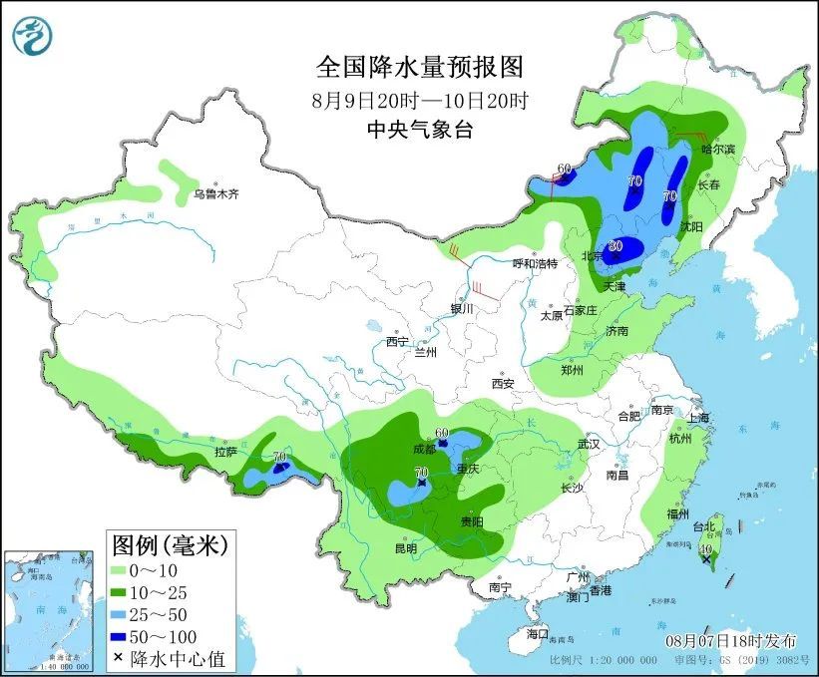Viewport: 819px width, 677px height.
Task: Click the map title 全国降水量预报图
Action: click(x=419, y=67)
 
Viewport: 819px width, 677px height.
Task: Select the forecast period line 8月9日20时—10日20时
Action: click(x=419, y=100)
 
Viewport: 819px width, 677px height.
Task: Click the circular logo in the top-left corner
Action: click(x=32, y=36)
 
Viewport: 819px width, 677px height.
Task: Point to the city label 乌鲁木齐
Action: click(x=216, y=194)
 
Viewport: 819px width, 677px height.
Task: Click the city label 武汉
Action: click(x=590, y=443)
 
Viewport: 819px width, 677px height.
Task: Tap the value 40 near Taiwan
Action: click(x=706, y=548)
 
